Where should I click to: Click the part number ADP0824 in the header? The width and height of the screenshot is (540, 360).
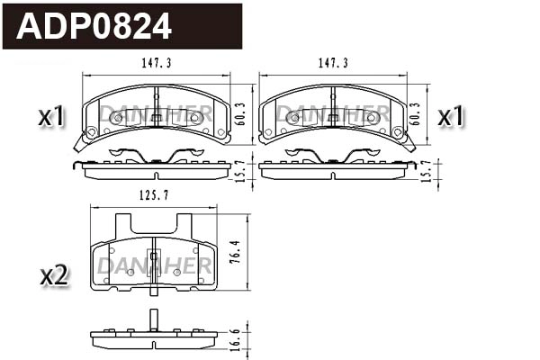[94, 26]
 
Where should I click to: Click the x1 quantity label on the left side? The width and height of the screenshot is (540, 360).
[52, 116]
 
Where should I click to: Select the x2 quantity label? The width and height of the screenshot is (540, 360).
[54, 275]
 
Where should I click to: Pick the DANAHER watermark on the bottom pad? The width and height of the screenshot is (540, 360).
[154, 265]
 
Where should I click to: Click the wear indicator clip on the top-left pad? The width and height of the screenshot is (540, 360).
[82, 140]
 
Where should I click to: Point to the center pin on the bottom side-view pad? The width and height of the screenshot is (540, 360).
[154, 319]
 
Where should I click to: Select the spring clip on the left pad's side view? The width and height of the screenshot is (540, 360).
[155, 156]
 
